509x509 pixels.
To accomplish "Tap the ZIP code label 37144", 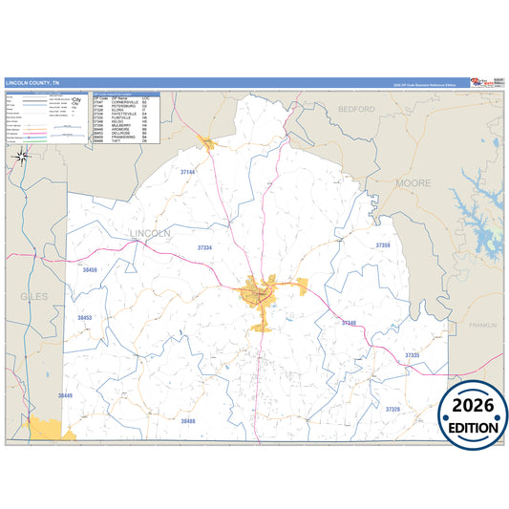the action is [187, 172].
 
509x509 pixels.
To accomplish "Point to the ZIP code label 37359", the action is [383, 245].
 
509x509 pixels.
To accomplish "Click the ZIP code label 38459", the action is [91, 271].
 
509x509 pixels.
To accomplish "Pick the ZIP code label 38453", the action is [85, 317].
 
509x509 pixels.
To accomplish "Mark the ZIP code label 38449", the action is [65, 394].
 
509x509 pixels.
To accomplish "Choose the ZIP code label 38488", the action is [187, 421].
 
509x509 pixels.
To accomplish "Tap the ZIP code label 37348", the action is [349, 323].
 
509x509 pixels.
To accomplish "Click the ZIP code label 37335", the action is [412, 354].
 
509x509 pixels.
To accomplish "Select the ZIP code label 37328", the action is [392, 409].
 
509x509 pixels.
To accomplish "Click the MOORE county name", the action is [413, 180].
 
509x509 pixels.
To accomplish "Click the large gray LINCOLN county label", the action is [148, 233].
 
